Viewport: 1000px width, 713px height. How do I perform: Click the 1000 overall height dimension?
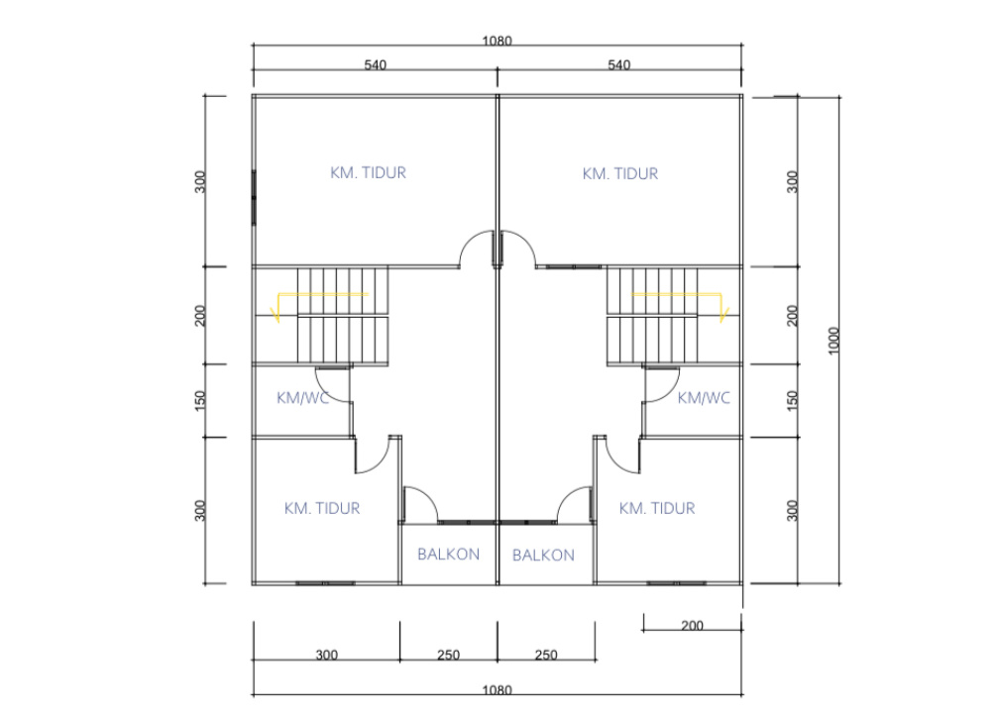(833, 341)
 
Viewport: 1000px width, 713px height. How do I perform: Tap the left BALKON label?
(448, 555)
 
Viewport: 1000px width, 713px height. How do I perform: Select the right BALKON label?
(543, 556)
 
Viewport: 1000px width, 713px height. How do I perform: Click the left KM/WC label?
(303, 398)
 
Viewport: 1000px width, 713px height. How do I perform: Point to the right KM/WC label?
(704, 398)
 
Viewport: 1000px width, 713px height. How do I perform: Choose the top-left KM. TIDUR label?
(368, 172)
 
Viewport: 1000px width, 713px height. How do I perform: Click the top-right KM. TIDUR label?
(619, 174)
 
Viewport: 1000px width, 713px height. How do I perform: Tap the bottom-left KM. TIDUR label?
(322, 508)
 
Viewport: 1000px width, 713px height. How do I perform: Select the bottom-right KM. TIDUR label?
(657, 508)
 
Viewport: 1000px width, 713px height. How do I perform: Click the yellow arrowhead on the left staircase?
(277, 315)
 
